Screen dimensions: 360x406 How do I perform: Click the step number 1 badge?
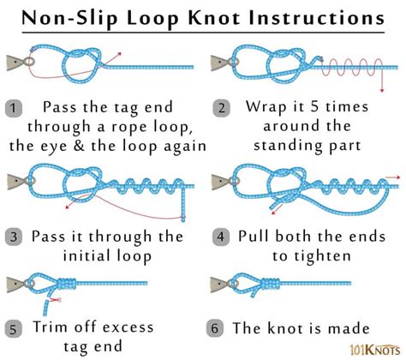tap(14, 108)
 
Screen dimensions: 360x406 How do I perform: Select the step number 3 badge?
tap(14, 236)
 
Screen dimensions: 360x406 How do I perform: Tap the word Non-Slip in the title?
tap(68, 17)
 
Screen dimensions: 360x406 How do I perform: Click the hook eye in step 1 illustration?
tap(29, 62)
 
